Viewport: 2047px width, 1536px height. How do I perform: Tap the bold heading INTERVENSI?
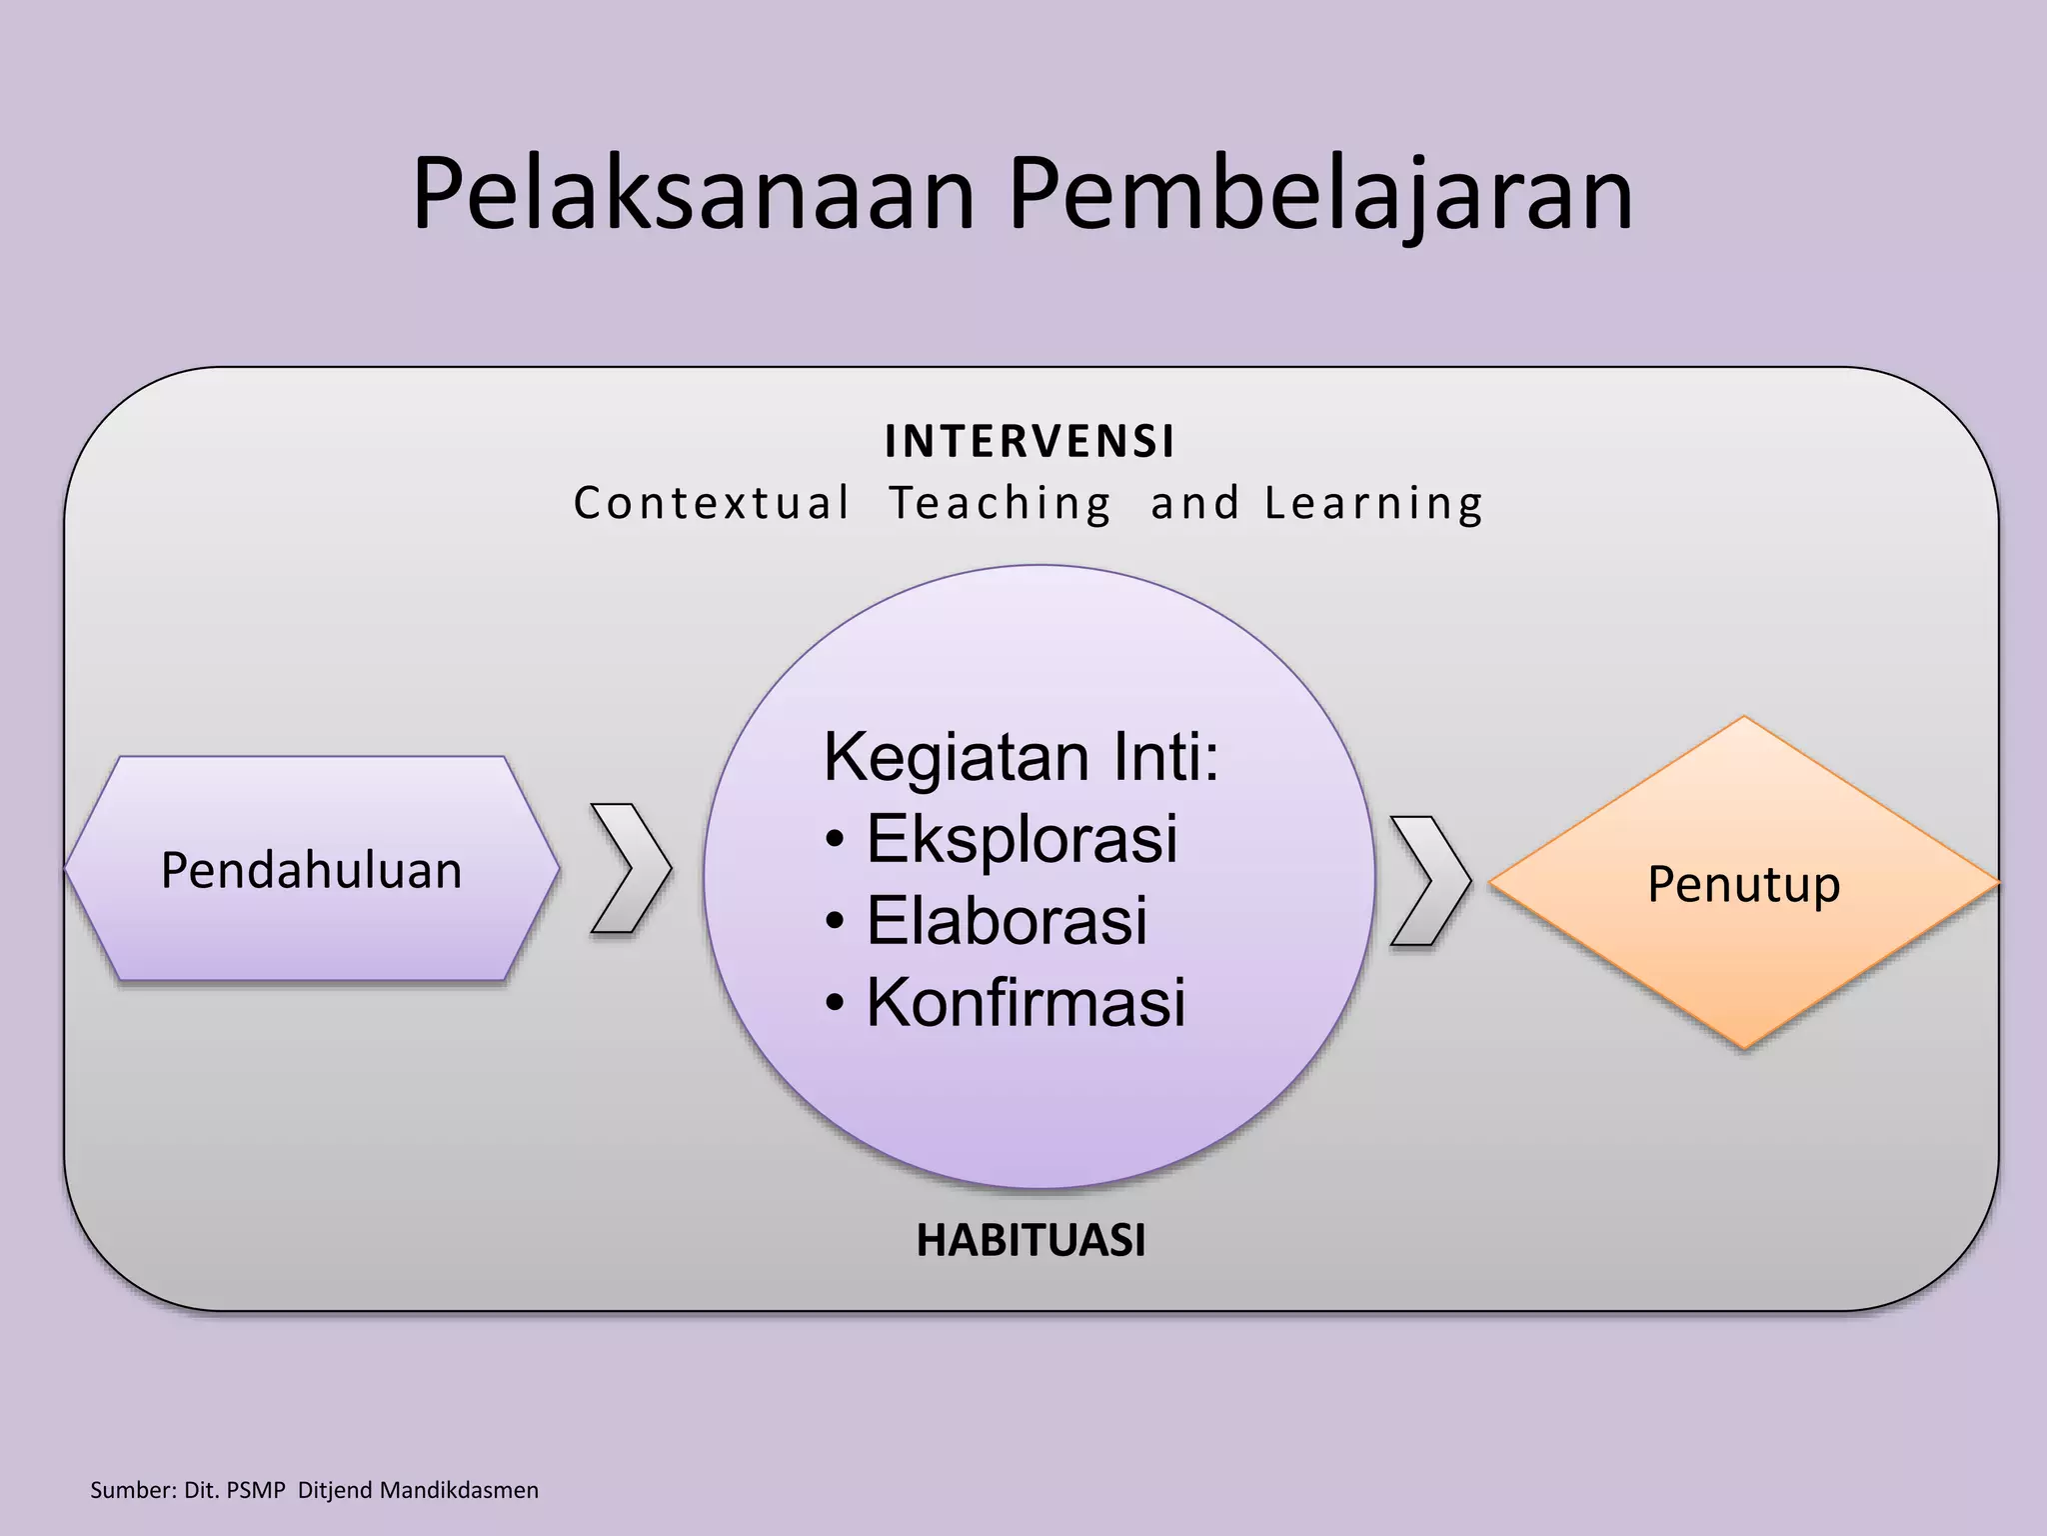point(1029,442)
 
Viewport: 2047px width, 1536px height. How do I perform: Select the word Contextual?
point(712,503)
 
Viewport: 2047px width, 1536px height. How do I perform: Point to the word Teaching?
point(1001,503)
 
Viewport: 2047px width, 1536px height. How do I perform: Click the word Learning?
point(1373,503)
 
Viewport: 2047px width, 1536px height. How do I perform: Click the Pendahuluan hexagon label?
point(311,870)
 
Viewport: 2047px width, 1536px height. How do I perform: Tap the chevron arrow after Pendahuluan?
point(631,868)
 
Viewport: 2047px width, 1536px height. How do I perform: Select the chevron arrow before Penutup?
point(1429,881)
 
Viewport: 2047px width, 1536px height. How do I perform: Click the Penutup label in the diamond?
point(1743,884)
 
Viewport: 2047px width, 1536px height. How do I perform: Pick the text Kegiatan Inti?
point(1021,757)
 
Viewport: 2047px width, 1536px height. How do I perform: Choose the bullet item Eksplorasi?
point(1021,839)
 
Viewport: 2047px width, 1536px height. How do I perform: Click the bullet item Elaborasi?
point(1006,921)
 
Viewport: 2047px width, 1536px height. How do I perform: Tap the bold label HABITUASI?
point(1030,1241)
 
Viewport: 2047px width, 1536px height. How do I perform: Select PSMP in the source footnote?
point(256,1490)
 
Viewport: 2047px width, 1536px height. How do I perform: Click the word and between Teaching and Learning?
point(1194,503)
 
